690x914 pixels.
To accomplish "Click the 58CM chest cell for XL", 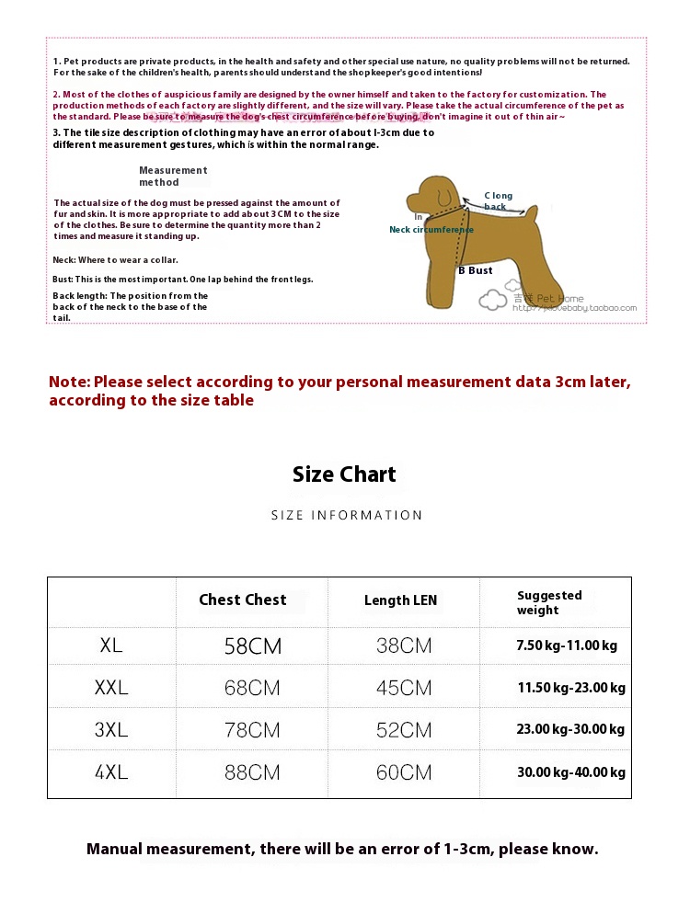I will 252,646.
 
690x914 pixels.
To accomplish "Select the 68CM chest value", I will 252,688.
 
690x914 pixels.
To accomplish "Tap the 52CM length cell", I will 403,730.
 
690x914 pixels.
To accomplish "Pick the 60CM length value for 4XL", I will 403,772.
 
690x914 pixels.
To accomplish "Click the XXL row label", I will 111,688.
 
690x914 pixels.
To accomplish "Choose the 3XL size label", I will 111,730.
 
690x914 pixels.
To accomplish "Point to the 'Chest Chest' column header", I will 243,600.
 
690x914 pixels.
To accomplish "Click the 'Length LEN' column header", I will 400,600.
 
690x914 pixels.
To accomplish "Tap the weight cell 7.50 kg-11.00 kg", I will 566,646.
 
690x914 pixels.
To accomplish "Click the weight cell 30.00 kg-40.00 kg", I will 570,772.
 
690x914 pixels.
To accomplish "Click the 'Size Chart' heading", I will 344,474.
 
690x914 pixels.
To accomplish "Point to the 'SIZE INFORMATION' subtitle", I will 347,515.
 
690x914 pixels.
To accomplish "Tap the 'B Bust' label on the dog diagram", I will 476,270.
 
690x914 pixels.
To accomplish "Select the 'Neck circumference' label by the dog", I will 431,229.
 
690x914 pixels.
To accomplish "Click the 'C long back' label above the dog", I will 498,200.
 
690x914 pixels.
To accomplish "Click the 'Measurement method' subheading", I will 173,176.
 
